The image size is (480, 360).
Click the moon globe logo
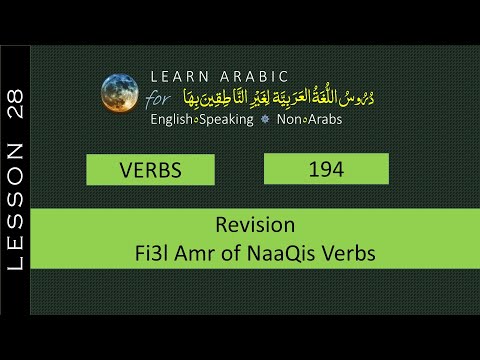tap(119, 92)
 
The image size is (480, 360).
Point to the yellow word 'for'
tap(159, 99)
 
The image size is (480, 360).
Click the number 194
tap(326, 169)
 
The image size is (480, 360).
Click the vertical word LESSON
tap(15, 206)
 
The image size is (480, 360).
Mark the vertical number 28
tap(15, 104)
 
